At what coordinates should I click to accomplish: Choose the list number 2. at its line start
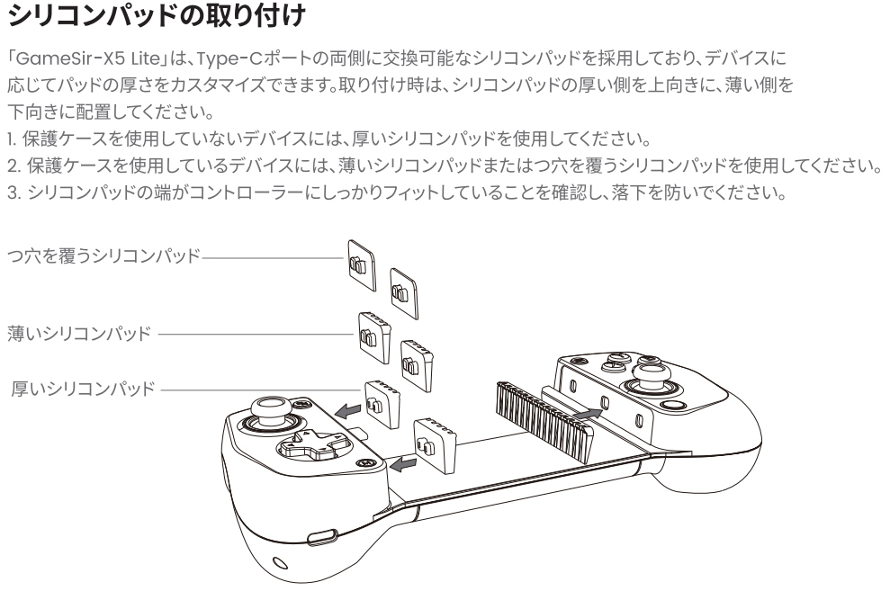pyautogui.click(x=12, y=168)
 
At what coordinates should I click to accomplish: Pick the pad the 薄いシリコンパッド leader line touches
pyautogui.click(x=372, y=335)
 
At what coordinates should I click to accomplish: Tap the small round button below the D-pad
pyautogui.click(x=365, y=462)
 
